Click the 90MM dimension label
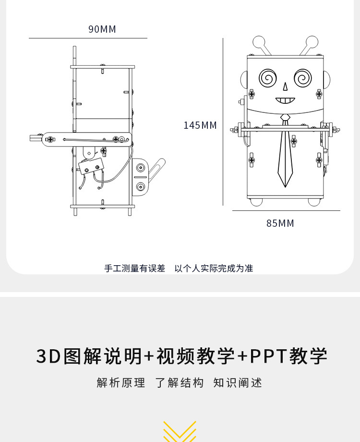102,29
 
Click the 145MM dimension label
200,125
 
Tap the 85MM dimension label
280,223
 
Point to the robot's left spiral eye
268,77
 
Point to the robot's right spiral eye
303,77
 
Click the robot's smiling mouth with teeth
285,100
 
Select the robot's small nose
285,86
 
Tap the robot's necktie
285,154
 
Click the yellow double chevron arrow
180,431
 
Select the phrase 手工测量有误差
134,269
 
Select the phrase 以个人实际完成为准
214,269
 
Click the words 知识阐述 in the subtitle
238,383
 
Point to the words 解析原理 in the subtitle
121,383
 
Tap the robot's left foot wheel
256,201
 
